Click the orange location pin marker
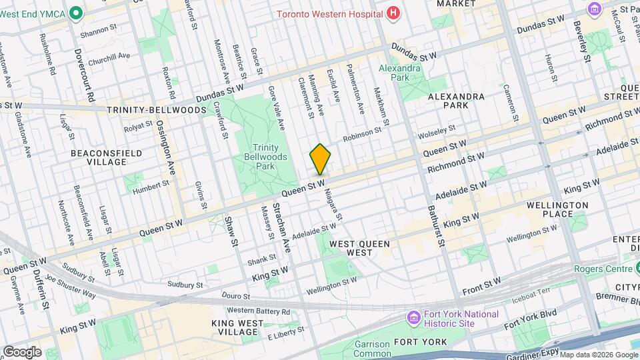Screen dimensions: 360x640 tap(320, 159)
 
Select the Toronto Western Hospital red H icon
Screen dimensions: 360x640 tap(393, 13)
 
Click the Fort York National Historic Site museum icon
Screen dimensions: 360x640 tap(413, 318)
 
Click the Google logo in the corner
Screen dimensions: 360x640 tap(21, 351)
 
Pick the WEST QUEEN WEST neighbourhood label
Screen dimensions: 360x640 tap(360, 249)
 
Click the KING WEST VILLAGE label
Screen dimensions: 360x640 tap(243, 327)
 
